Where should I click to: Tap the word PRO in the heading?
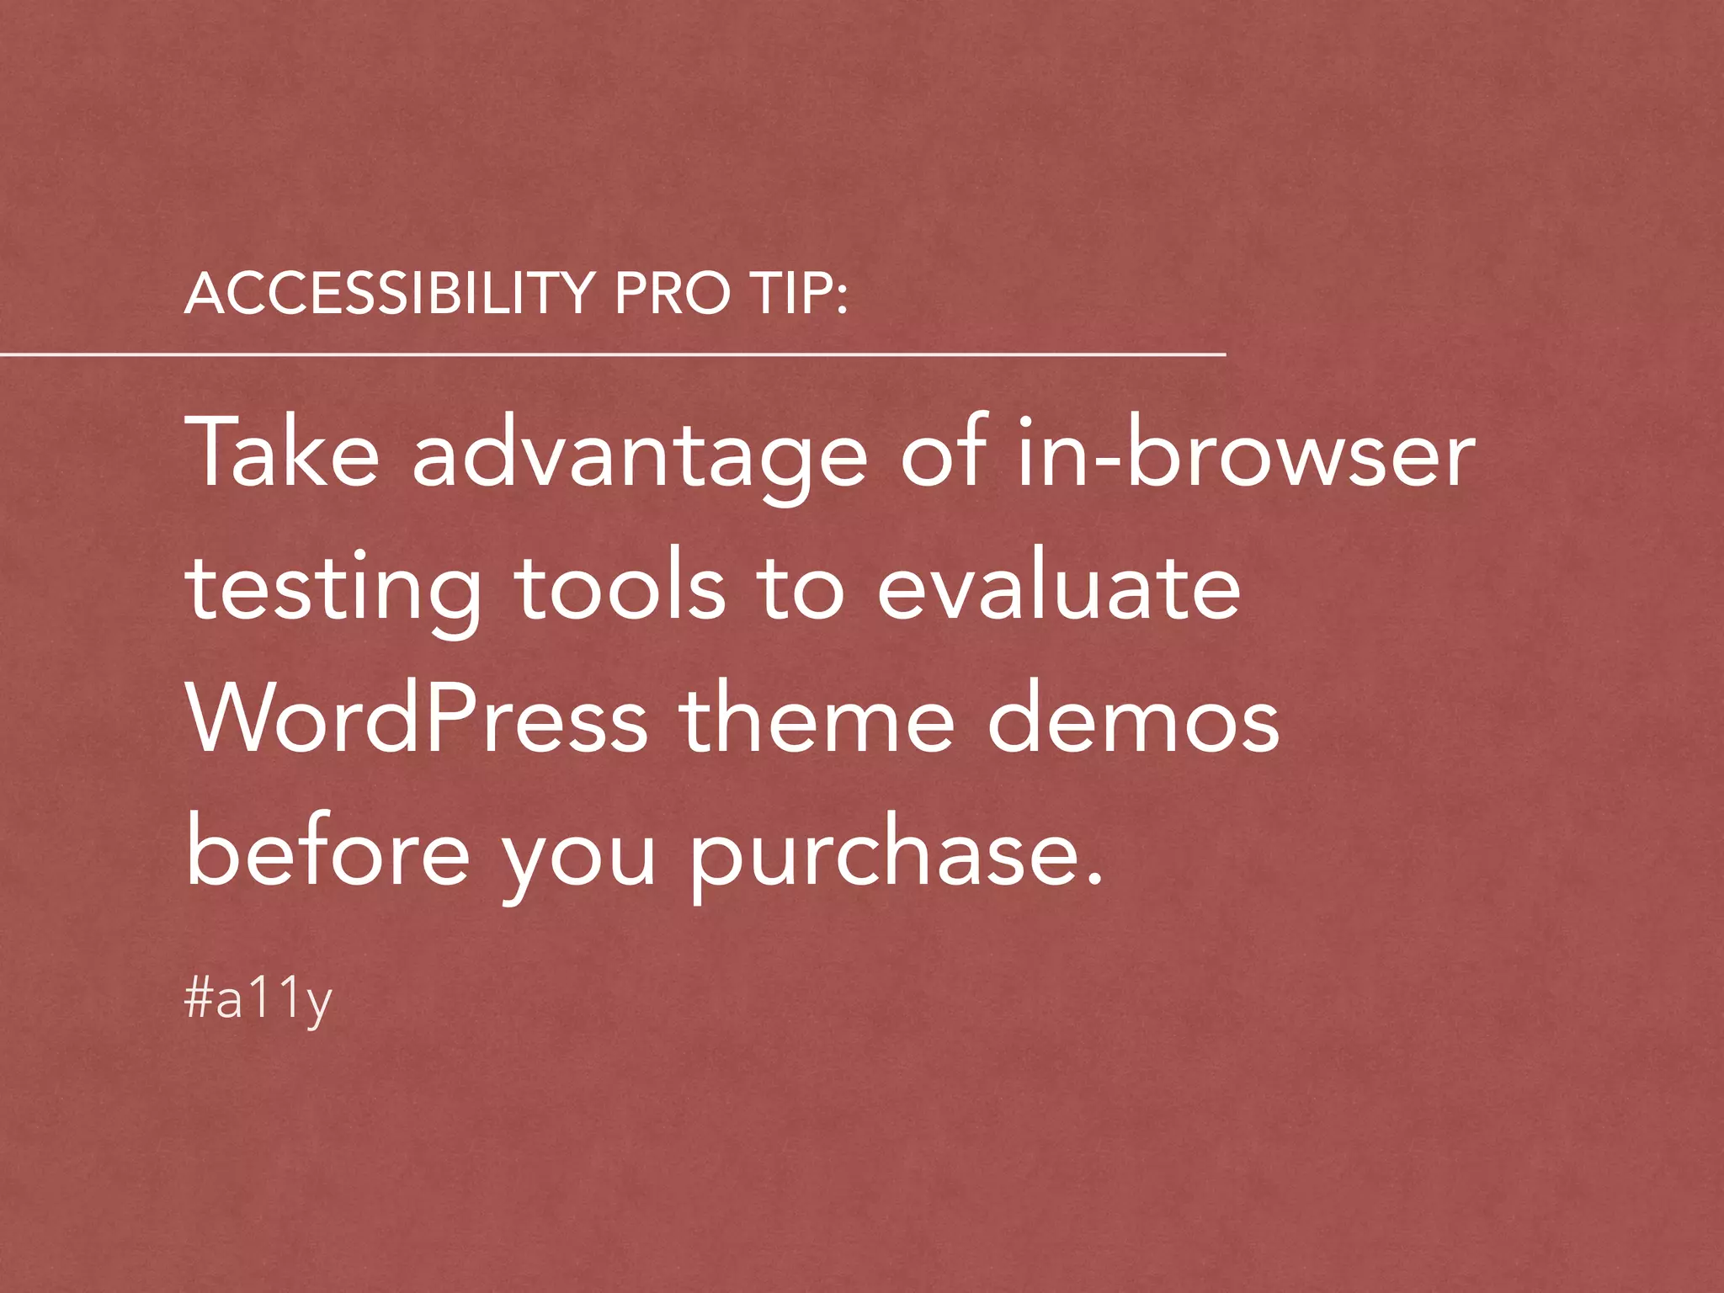(672, 294)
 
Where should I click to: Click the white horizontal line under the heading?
(612, 355)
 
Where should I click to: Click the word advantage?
(639, 459)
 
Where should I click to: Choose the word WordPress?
(418, 719)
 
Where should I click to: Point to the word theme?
(817, 719)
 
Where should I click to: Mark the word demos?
(1132, 719)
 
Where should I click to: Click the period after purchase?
(1093, 878)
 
